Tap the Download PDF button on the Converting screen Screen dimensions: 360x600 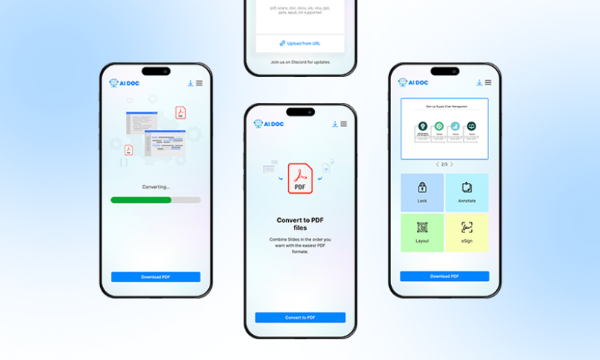pyautogui.click(x=156, y=276)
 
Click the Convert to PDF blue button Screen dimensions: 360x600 pyautogui.click(x=300, y=317)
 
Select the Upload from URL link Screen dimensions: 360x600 pyautogui.click(x=300, y=43)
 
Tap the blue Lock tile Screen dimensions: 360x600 pyautogui.click(x=422, y=192)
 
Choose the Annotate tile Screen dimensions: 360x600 pyautogui.click(x=467, y=192)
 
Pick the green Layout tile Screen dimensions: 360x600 pyautogui.click(x=422, y=232)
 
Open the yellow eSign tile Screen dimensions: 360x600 pyautogui.click(x=467, y=232)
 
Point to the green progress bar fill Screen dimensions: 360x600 pyautogui.click(x=141, y=199)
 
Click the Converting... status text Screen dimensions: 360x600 pyautogui.click(x=156, y=186)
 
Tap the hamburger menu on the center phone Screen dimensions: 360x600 pyautogui.click(x=344, y=124)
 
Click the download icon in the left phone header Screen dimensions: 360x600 pyautogui.click(x=190, y=83)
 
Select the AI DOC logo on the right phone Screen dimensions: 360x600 pyautogui.click(x=413, y=82)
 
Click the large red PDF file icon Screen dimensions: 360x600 pyautogui.click(x=300, y=179)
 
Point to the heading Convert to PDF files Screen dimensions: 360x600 pyautogui.click(x=300, y=224)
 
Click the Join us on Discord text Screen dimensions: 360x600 pyautogui.click(x=300, y=62)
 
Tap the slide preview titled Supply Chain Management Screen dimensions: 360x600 pyautogui.click(x=444, y=128)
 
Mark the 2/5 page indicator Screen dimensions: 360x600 pyautogui.click(x=444, y=164)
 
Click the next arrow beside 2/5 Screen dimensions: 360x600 pyautogui.click(x=452, y=164)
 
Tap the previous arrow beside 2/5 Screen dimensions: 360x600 pyautogui.click(x=436, y=164)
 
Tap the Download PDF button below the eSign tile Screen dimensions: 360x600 pyautogui.click(x=444, y=276)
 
